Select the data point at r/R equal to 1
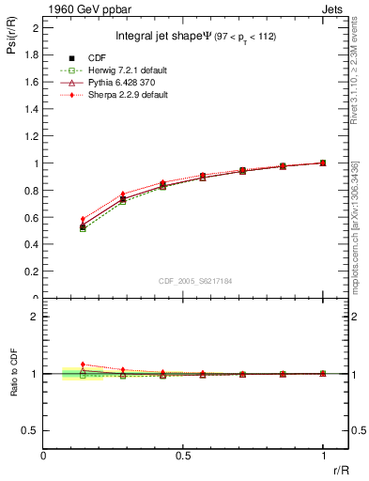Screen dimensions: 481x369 coord(323,163)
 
